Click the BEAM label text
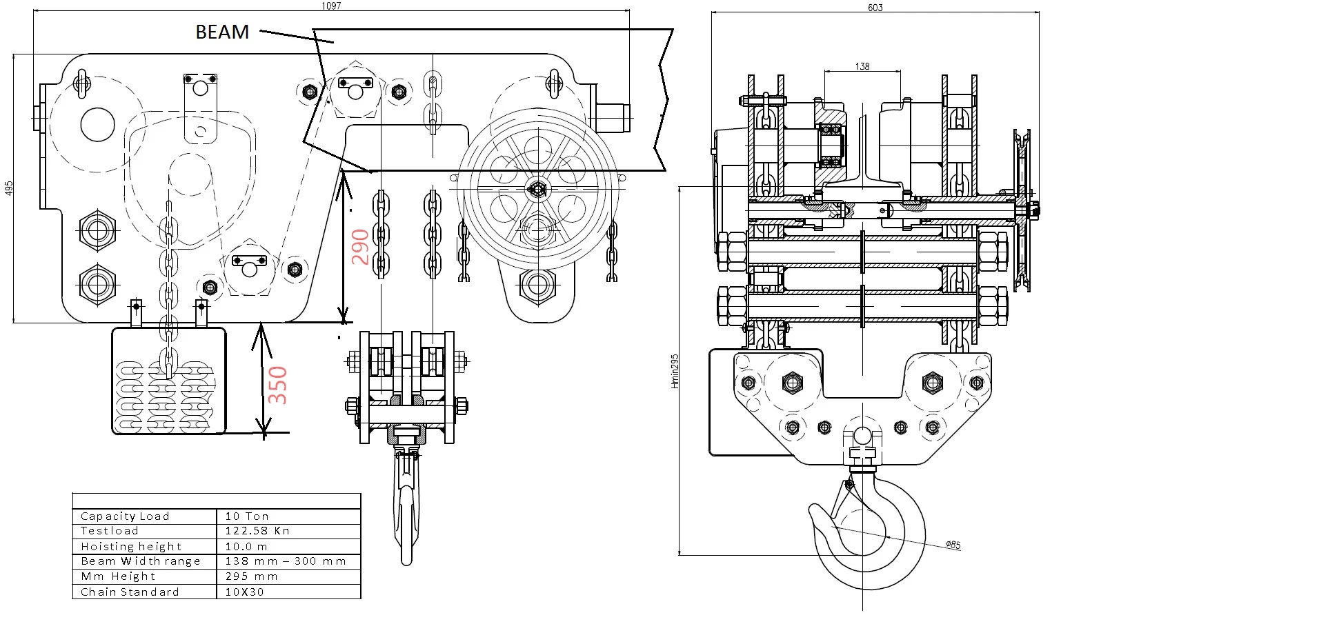point(222,32)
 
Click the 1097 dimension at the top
point(331,6)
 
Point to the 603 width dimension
point(875,8)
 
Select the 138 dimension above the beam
point(862,66)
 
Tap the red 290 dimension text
point(360,247)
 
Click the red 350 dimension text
point(277,385)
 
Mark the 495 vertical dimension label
point(8,188)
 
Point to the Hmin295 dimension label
point(675,371)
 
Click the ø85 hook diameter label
point(953,545)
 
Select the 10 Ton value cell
point(247,516)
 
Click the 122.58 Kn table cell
point(257,531)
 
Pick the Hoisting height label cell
point(131,546)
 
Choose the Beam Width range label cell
point(140,561)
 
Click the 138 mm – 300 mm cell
point(286,561)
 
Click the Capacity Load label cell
point(125,516)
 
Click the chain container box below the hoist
point(169,381)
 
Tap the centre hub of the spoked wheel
point(537,188)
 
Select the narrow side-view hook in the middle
point(406,507)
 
